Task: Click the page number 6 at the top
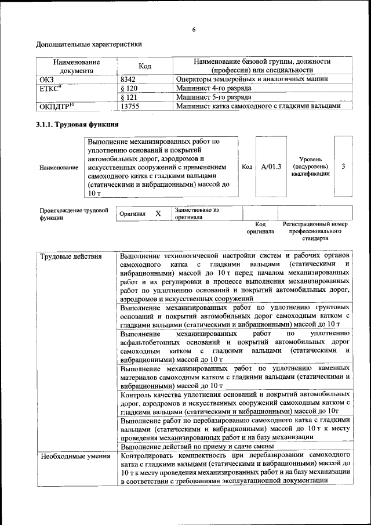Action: coord(193,30)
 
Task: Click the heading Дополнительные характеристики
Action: coord(89,44)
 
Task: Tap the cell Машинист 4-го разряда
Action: coord(213,88)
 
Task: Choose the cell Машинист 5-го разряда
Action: coord(213,97)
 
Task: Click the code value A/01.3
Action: coord(271,167)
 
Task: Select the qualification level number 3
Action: coord(343,167)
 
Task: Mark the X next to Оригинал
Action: coord(158,213)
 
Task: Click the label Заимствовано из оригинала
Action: coord(196,213)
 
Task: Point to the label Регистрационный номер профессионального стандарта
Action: coord(315,231)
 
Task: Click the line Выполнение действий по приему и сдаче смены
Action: coord(197,447)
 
